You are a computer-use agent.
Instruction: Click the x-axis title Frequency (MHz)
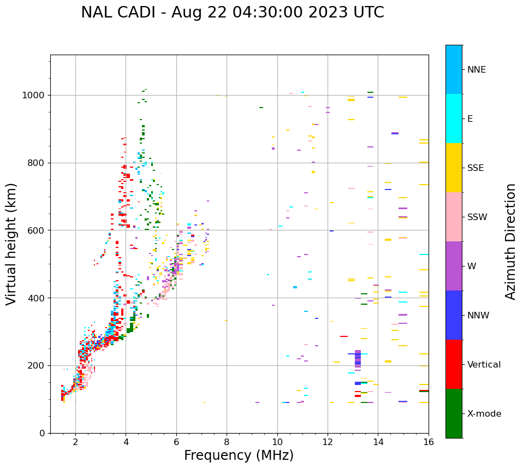[239, 455]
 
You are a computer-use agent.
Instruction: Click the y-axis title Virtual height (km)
[12, 244]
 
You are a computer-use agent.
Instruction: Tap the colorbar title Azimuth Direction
[510, 241]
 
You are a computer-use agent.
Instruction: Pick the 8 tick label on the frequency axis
[227, 442]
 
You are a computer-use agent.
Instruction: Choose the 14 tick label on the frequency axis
[378, 442]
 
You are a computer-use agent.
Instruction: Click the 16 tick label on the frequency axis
[428, 442]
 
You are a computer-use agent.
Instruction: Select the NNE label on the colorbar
[476, 70]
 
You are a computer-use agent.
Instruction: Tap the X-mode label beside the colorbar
[484, 414]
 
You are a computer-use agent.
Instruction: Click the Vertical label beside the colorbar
[484, 365]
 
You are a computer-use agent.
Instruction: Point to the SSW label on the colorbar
[477, 217]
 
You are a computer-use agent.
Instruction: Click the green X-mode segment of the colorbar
[454, 413]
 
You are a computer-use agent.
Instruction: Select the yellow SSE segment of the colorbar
[454, 168]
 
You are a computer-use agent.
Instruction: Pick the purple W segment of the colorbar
[454, 266]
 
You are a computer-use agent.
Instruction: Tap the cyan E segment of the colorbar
[454, 119]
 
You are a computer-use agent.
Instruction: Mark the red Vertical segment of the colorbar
[454, 364]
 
